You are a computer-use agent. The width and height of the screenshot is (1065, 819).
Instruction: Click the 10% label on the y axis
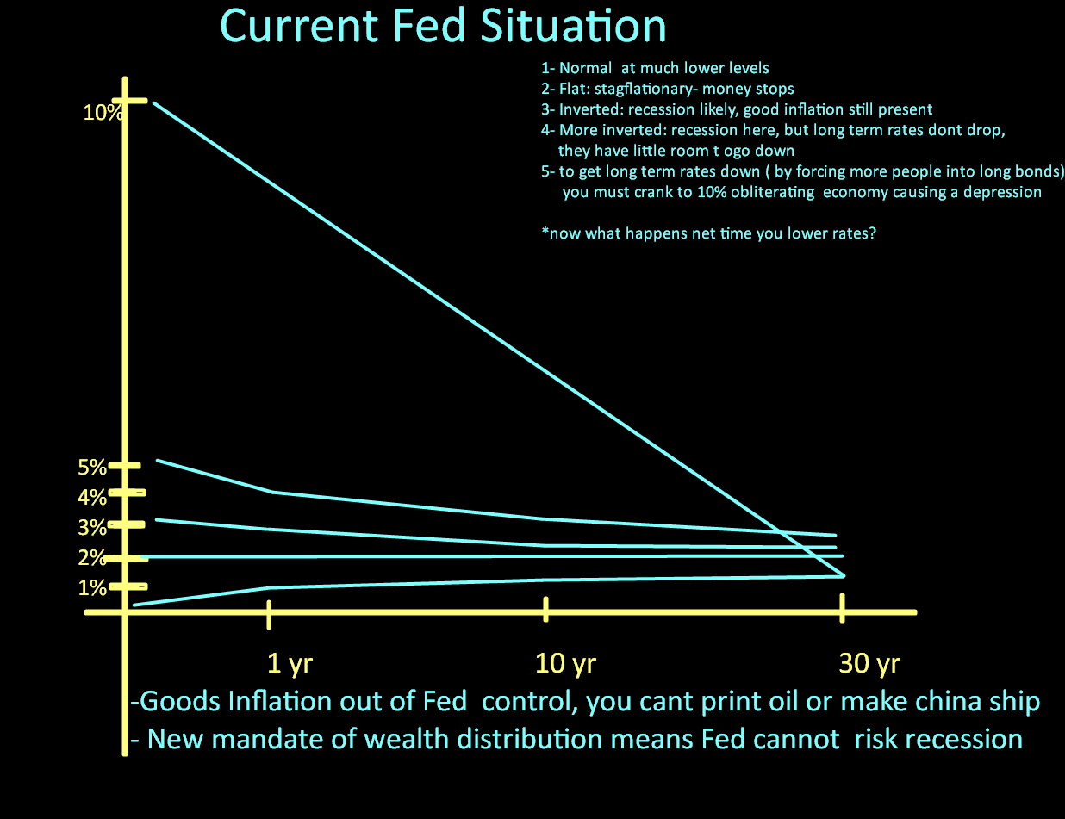point(102,112)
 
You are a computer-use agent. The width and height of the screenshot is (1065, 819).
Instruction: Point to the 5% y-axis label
point(91,468)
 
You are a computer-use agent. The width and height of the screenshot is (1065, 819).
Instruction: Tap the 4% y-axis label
point(91,497)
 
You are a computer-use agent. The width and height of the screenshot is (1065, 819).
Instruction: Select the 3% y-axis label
point(91,527)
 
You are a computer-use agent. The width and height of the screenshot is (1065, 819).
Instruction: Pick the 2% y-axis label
point(91,558)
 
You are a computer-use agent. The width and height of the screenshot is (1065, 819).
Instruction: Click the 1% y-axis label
point(91,588)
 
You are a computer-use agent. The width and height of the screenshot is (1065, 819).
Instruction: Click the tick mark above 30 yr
point(842,607)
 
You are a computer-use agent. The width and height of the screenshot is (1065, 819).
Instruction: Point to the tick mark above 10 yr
point(546,609)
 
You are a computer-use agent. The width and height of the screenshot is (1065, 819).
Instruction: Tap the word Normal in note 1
point(585,68)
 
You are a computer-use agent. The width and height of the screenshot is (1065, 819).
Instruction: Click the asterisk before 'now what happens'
point(545,233)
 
